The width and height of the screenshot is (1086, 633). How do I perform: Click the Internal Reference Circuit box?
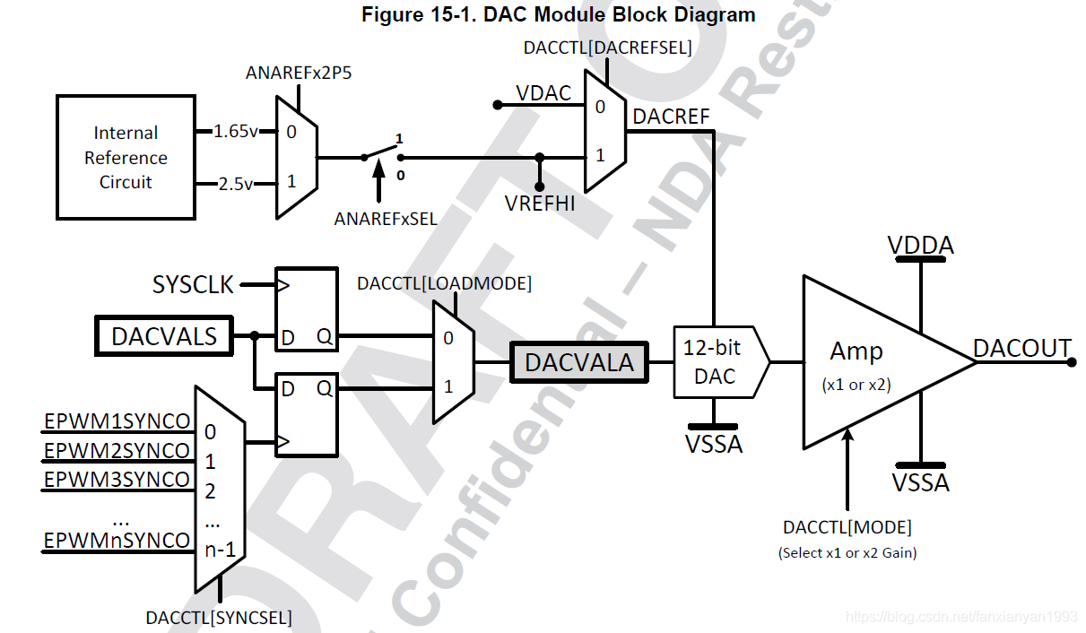(x=126, y=158)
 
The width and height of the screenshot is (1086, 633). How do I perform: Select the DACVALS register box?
(x=164, y=336)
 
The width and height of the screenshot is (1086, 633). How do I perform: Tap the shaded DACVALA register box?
(x=579, y=362)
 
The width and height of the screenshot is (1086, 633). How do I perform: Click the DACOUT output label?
(x=1021, y=348)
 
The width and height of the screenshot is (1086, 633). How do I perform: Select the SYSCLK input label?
(x=193, y=285)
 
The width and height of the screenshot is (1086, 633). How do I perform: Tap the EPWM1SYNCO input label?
(x=117, y=422)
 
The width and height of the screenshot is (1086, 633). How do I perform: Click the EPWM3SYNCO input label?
(x=117, y=480)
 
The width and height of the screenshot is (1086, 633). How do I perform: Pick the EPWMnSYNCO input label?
(x=117, y=541)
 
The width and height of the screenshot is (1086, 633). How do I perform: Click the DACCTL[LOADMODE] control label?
(x=444, y=284)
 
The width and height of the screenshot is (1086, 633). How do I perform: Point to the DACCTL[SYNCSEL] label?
(x=219, y=618)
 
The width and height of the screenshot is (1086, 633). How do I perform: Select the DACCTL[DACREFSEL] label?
(x=607, y=48)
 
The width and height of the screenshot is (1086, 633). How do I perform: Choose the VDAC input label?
(x=543, y=93)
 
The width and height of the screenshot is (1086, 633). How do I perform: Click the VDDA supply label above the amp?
(x=920, y=245)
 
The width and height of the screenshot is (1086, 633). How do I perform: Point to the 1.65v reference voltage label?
(x=236, y=132)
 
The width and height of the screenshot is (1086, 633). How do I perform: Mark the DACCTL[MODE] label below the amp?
(x=847, y=527)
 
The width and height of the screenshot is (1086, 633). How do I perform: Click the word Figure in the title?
(x=392, y=15)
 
